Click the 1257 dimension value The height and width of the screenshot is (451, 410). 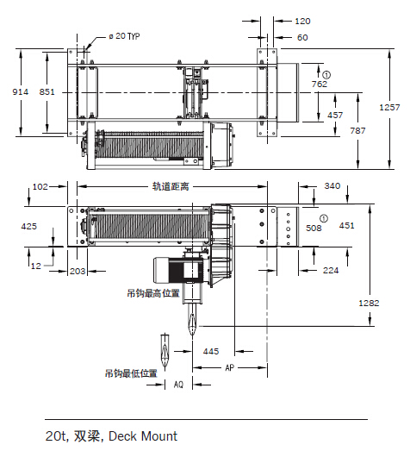(x=389, y=108)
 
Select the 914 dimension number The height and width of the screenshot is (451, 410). (x=21, y=92)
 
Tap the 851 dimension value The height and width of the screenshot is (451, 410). (x=47, y=92)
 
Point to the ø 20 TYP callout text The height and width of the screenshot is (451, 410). (x=124, y=36)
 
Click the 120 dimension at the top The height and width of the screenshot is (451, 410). (x=303, y=22)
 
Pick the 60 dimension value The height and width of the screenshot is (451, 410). (x=302, y=38)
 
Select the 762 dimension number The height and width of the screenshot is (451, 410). (x=320, y=84)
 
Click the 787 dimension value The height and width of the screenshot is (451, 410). (x=357, y=131)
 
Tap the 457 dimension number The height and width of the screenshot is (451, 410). (x=335, y=116)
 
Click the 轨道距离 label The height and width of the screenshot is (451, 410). (x=171, y=186)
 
